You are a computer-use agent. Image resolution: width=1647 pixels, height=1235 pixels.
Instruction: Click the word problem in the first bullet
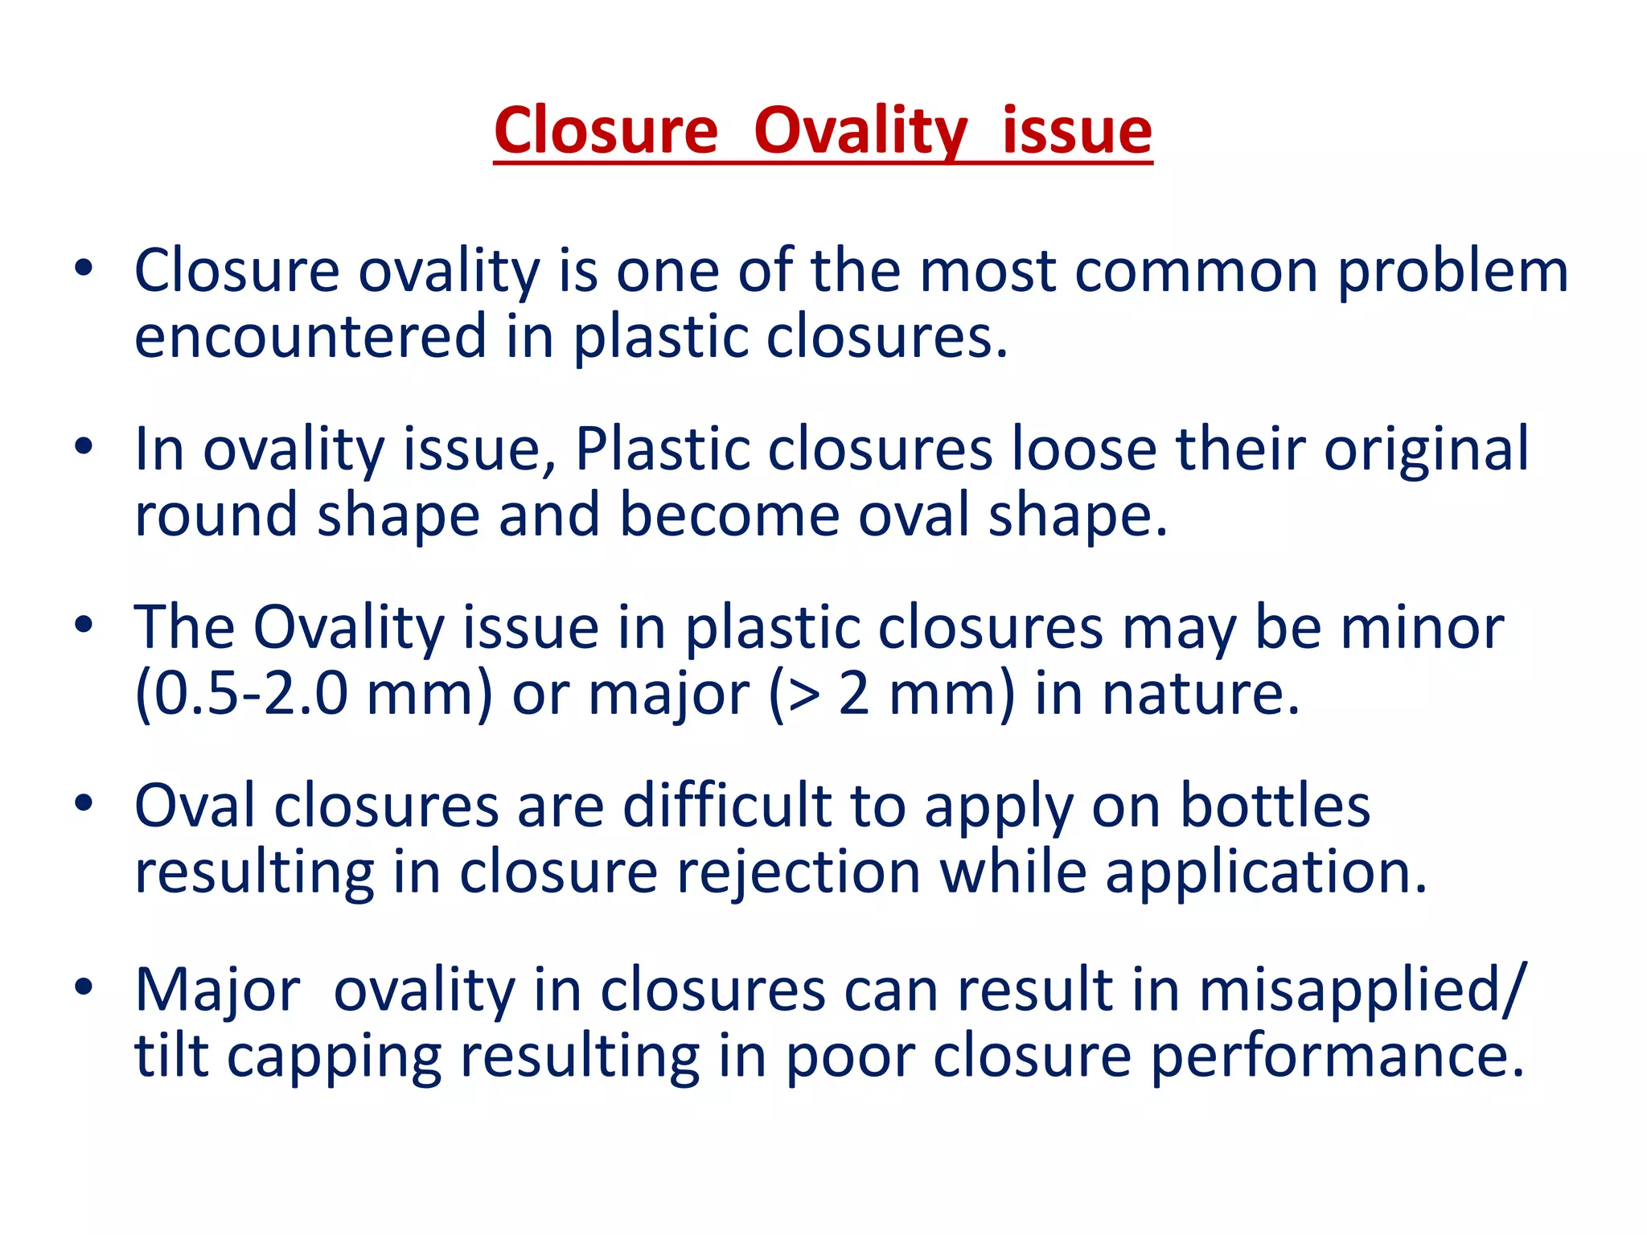pos(1452,272)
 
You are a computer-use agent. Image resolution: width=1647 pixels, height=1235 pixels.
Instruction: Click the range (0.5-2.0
pos(240,694)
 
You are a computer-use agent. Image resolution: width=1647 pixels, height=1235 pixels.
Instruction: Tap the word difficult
pos(727,806)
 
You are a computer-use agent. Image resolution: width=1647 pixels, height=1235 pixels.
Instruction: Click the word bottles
pos(1275,806)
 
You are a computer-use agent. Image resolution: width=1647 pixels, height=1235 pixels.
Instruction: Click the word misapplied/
pos(1362,991)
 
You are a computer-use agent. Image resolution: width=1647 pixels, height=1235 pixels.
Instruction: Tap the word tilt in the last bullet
pos(170,1057)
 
